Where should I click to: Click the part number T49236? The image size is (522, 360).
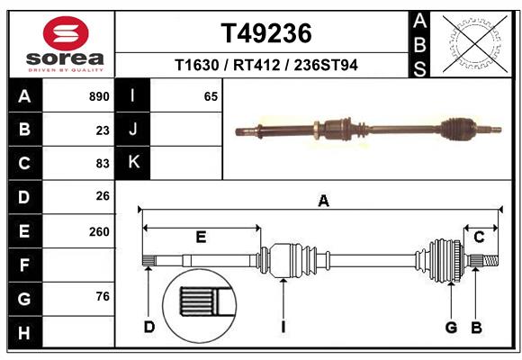coord(266,33)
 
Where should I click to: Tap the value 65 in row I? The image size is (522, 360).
coord(211,96)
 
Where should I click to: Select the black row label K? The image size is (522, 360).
coord(133,163)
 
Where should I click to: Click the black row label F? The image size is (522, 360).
coord(24,265)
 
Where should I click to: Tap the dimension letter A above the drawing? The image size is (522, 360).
coord(323,202)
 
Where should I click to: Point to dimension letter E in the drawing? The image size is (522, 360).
coord(201,238)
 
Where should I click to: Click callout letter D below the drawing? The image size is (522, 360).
coord(149,326)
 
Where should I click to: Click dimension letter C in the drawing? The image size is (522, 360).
coord(480,238)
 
